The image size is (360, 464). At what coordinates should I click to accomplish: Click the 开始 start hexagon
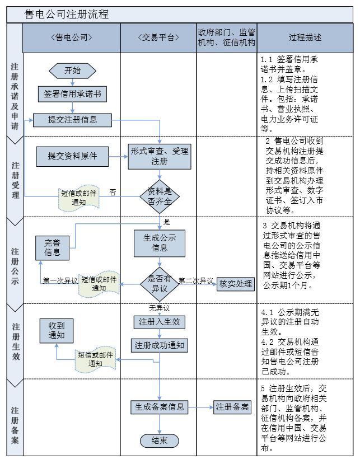(72, 71)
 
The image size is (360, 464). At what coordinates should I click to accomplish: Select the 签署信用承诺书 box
(72, 94)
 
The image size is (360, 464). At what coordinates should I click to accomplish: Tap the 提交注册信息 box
(72, 119)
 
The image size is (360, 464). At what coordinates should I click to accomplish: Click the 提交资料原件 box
(72, 156)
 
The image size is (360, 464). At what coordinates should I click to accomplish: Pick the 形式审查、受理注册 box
(160, 156)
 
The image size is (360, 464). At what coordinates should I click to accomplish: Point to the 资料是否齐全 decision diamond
(160, 196)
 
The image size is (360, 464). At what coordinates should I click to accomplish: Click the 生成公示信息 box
(160, 242)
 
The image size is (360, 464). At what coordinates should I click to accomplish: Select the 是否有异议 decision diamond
(159, 283)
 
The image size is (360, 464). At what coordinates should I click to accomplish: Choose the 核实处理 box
(235, 283)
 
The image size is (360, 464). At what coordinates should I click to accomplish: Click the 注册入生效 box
(159, 322)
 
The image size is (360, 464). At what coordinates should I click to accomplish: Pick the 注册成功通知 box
(159, 345)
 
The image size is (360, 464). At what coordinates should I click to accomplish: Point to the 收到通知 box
(57, 330)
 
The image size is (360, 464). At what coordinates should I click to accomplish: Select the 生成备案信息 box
(159, 407)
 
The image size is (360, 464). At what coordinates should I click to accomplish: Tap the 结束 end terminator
(159, 440)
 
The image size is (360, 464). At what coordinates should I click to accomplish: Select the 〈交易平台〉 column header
(159, 38)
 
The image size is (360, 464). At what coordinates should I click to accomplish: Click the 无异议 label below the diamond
(159, 308)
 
